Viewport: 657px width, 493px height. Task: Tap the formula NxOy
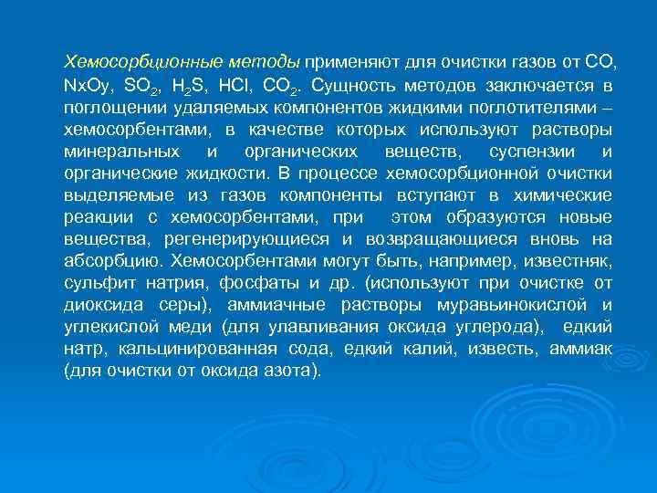click(x=88, y=87)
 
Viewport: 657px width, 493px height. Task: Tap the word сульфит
click(x=94, y=282)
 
